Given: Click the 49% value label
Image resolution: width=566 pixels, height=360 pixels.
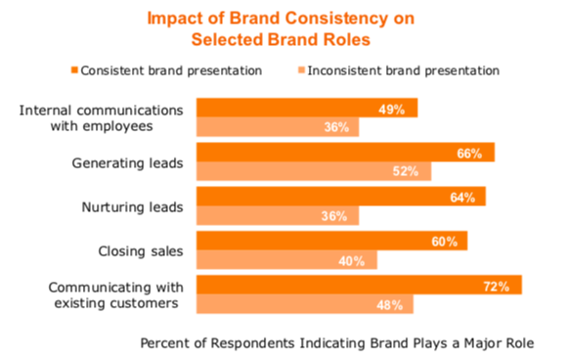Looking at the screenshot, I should [395, 109].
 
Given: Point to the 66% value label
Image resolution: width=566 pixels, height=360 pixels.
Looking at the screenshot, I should [471, 153].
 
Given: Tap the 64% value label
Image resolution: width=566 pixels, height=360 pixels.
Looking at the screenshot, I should [462, 198].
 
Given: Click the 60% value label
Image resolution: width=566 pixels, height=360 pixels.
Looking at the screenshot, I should [444, 242].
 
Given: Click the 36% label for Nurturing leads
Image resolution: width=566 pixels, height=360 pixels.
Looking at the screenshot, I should [335, 216].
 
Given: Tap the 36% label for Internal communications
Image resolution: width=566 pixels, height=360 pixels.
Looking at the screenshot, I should [335, 127].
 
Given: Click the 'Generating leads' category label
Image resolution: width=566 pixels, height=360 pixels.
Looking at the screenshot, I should [130, 161].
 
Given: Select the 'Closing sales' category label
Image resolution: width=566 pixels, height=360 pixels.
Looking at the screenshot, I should [142, 250].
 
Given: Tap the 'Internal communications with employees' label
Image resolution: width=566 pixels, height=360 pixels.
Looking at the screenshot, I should [102, 116].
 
